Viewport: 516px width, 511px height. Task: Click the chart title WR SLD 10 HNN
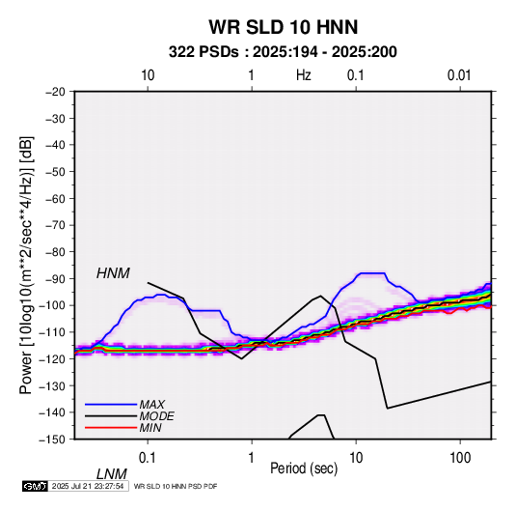tap(283, 27)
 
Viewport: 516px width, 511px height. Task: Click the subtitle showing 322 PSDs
tap(283, 52)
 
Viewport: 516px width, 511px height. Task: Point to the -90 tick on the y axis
tap(56, 279)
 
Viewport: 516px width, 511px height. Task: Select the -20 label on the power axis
tap(56, 92)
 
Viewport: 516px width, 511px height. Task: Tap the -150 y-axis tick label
tap(53, 440)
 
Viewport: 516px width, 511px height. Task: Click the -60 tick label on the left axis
tap(56, 198)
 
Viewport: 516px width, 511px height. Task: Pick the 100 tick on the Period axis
tap(460, 457)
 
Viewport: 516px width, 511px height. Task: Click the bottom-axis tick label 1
tap(252, 457)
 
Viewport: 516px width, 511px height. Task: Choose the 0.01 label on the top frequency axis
tap(459, 75)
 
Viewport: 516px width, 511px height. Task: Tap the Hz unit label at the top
tap(304, 75)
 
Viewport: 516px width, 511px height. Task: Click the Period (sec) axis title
tap(304, 468)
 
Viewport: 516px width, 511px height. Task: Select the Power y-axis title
tap(26, 265)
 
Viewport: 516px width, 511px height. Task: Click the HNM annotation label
tap(113, 273)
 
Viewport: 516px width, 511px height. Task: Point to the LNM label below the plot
tap(111, 474)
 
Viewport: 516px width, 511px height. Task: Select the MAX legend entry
tap(151, 405)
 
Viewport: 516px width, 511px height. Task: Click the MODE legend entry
tap(156, 416)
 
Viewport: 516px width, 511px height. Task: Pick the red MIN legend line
tap(111, 428)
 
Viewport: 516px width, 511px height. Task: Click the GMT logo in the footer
tap(36, 486)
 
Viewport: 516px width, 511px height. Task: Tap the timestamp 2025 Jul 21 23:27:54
tap(88, 486)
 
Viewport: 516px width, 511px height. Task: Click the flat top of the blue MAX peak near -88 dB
tap(372, 273)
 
